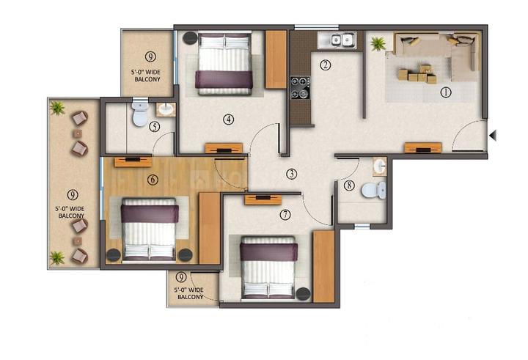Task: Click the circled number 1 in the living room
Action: tap(445, 92)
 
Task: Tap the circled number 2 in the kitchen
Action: tap(325, 65)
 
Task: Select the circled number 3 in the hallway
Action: tap(292, 174)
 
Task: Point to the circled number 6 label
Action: tap(153, 180)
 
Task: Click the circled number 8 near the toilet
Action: tap(348, 185)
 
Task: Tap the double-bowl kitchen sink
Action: tap(341, 40)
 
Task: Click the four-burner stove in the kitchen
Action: tap(300, 87)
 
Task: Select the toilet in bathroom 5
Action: tap(139, 114)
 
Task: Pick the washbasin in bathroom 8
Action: tap(379, 167)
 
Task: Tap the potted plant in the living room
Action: tap(378, 44)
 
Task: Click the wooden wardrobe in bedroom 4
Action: tap(276, 59)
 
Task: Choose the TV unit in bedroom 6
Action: tap(133, 162)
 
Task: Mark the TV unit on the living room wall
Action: tap(422, 147)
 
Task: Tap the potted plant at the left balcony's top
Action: tap(57, 109)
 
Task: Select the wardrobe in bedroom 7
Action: tap(323, 266)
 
